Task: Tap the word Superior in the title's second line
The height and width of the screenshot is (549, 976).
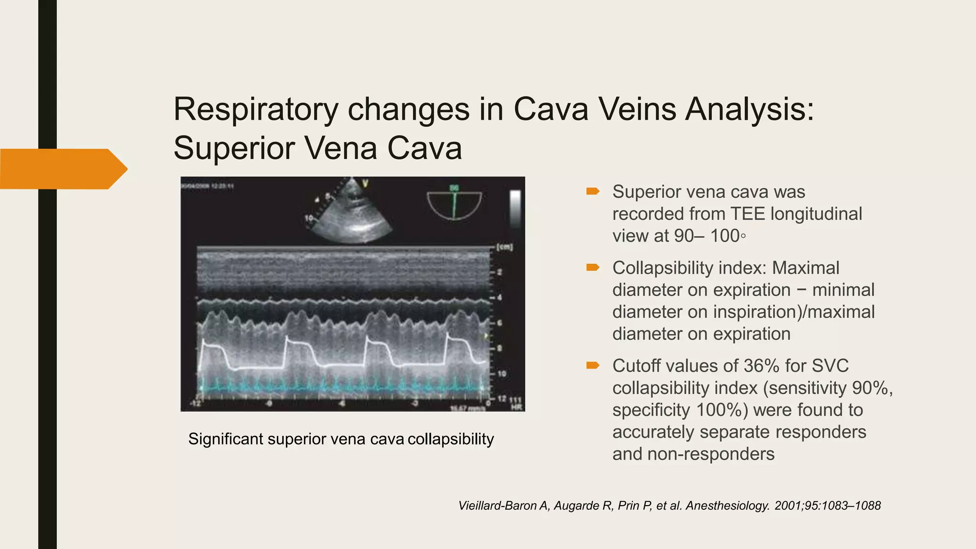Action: (x=234, y=148)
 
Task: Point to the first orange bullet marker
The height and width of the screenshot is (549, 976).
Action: (x=592, y=192)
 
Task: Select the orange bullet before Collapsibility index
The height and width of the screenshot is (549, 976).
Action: (x=592, y=268)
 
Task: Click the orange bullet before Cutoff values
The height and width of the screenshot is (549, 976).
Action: (x=592, y=366)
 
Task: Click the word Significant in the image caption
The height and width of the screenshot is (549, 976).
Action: (x=225, y=439)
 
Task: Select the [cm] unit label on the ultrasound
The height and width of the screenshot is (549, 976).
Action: (x=504, y=248)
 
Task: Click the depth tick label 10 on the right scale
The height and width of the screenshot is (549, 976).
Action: (x=501, y=374)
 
